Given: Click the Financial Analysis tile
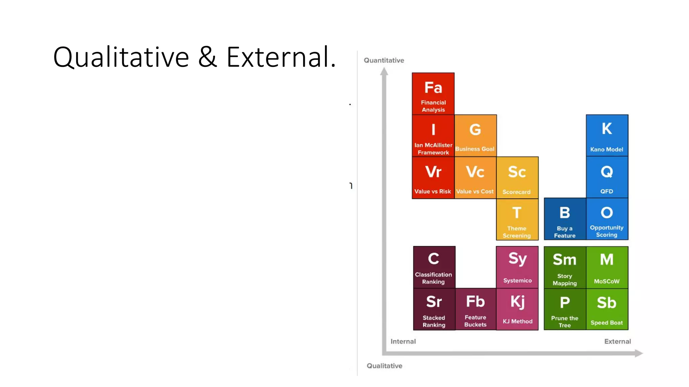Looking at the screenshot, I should pos(433,94).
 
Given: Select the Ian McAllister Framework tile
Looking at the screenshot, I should pos(433,136).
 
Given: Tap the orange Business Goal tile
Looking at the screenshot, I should pos(475,136).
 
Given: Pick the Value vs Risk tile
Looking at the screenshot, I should pos(433,178).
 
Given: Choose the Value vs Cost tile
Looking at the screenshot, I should pos(475,178).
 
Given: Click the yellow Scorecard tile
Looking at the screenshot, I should pos(517,178).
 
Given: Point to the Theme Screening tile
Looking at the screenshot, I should pos(517,219).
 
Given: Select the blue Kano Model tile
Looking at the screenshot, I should pos(607,135).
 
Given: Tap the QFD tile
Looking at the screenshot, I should pos(607,177).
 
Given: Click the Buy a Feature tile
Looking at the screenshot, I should pos(565,219).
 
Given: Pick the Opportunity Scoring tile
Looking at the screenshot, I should pos(607,219).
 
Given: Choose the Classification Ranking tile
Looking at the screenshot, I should pos(434,267).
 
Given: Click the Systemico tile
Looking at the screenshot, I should pos(517,267).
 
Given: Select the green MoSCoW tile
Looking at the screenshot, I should pos(607,267).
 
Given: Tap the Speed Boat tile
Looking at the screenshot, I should pos(607,309).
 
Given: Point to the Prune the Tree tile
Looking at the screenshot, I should pos(565,309).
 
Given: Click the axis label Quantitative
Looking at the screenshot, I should pos(384,60).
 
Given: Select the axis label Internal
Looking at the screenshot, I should pos(403,341).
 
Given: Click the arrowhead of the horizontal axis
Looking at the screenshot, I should pos(639,353).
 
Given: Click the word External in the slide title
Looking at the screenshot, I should pos(281,57).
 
